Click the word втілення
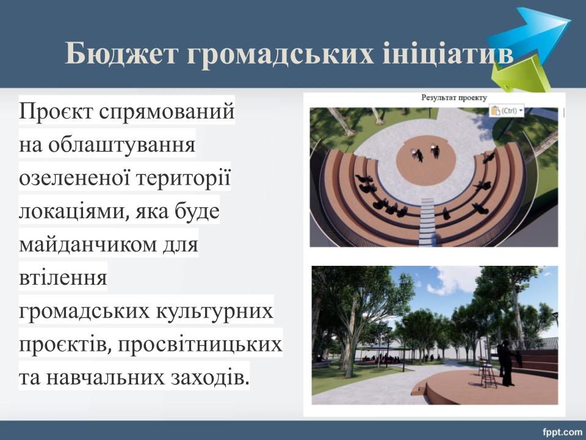tap(63, 277)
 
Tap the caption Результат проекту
tap(454, 98)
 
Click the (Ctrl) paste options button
tap(507, 111)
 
